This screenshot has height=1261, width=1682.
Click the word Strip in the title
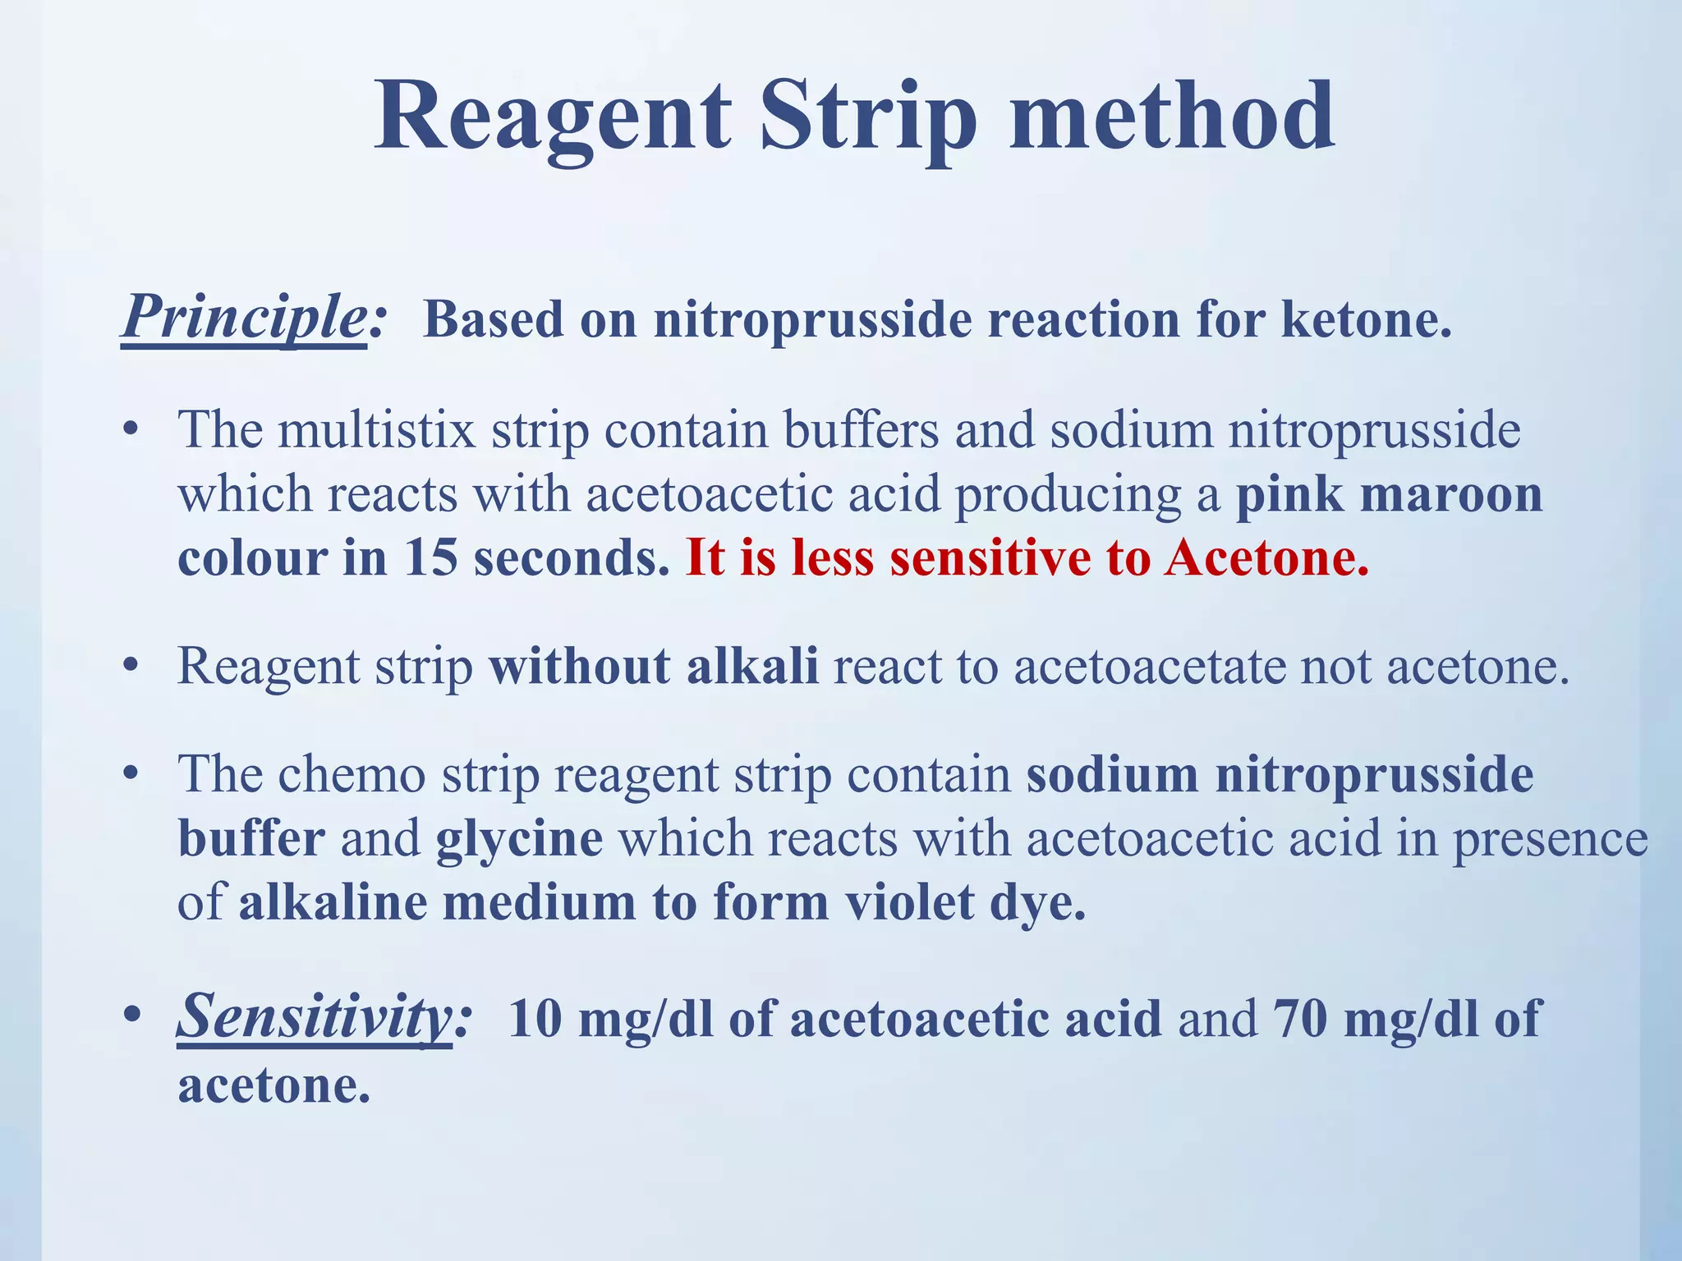point(868,119)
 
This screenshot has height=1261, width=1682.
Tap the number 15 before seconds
point(430,558)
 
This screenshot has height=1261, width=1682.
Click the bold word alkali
point(752,666)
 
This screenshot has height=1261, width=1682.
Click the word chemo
point(352,775)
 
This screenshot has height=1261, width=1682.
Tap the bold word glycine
point(519,840)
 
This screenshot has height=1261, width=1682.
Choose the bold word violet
point(909,903)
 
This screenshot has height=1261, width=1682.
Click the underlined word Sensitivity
point(314,1018)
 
